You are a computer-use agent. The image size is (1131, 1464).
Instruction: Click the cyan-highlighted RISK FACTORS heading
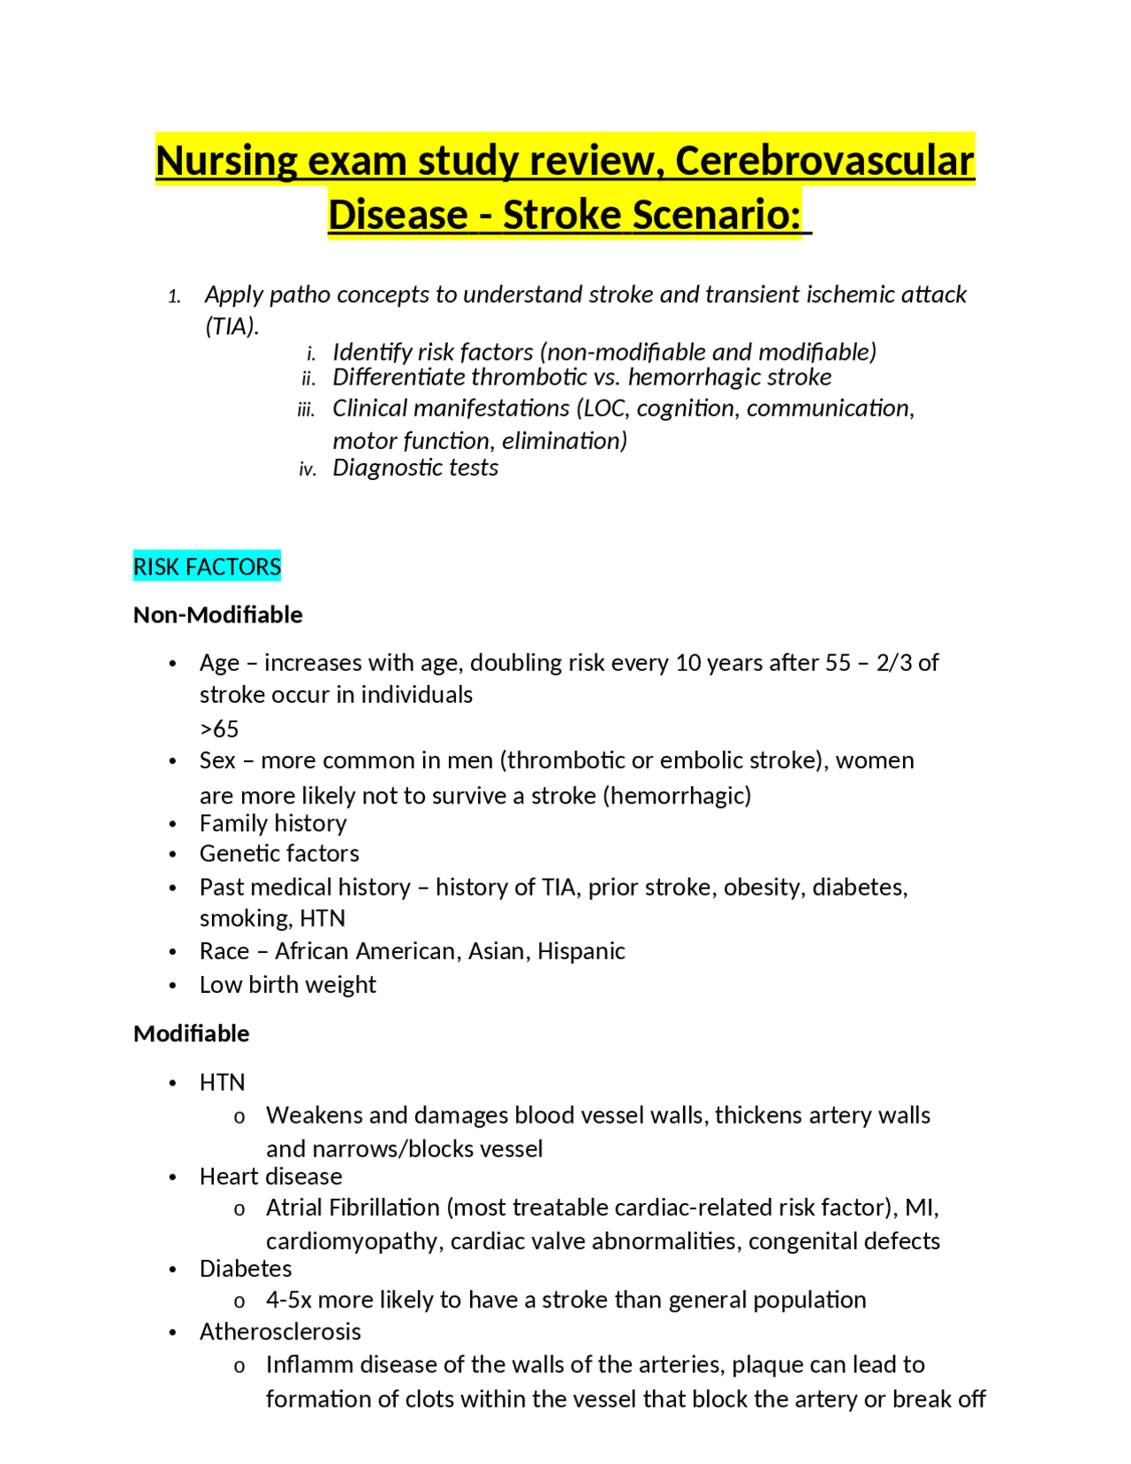pyautogui.click(x=207, y=567)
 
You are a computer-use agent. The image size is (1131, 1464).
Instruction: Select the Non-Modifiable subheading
pyautogui.click(x=217, y=614)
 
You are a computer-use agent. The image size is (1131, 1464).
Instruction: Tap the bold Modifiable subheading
pyautogui.click(x=191, y=1033)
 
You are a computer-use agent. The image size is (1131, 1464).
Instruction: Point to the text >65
pyautogui.click(x=219, y=729)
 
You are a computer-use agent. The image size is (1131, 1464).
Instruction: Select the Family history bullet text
pyautogui.click(x=272, y=823)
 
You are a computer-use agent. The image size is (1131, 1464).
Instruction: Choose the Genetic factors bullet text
pyautogui.click(x=279, y=854)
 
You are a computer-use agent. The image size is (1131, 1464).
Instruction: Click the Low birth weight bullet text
pyautogui.click(x=287, y=985)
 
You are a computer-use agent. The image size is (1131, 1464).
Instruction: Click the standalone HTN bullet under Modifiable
pyautogui.click(x=222, y=1083)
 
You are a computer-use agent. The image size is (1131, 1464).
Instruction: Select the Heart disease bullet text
pyautogui.click(x=270, y=1177)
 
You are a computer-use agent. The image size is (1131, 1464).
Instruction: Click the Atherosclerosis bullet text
pyautogui.click(x=280, y=1332)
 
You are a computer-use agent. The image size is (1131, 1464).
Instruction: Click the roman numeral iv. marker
pyautogui.click(x=307, y=469)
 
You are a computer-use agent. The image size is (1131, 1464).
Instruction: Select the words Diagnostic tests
pyautogui.click(x=415, y=468)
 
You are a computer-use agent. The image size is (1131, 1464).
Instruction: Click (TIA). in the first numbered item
pyautogui.click(x=232, y=326)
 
